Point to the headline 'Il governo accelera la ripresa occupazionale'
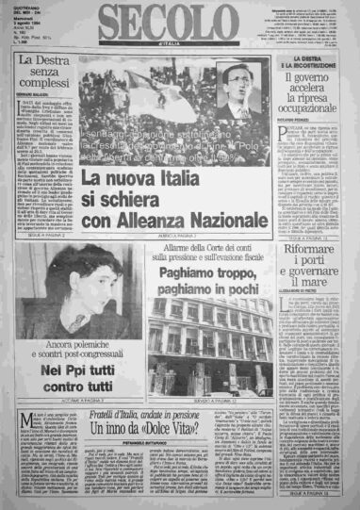pos(319,99)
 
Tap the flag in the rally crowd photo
pos(132,90)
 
